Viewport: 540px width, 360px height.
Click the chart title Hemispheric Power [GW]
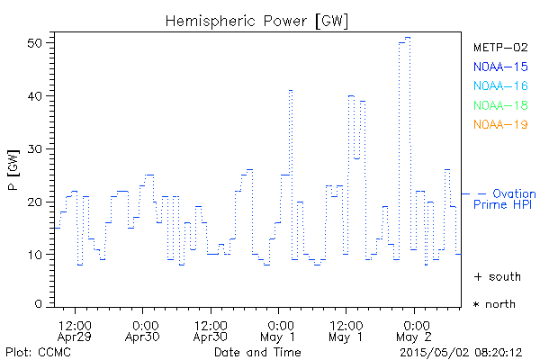click(x=257, y=20)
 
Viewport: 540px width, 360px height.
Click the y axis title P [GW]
click(x=13, y=176)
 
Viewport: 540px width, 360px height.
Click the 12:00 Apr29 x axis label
click(x=74, y=329)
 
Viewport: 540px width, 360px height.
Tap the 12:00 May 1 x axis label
click(x=346, y=329)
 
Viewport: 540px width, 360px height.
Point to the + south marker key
click(x=494, y=276)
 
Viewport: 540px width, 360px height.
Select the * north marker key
click(x=494, y=304)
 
